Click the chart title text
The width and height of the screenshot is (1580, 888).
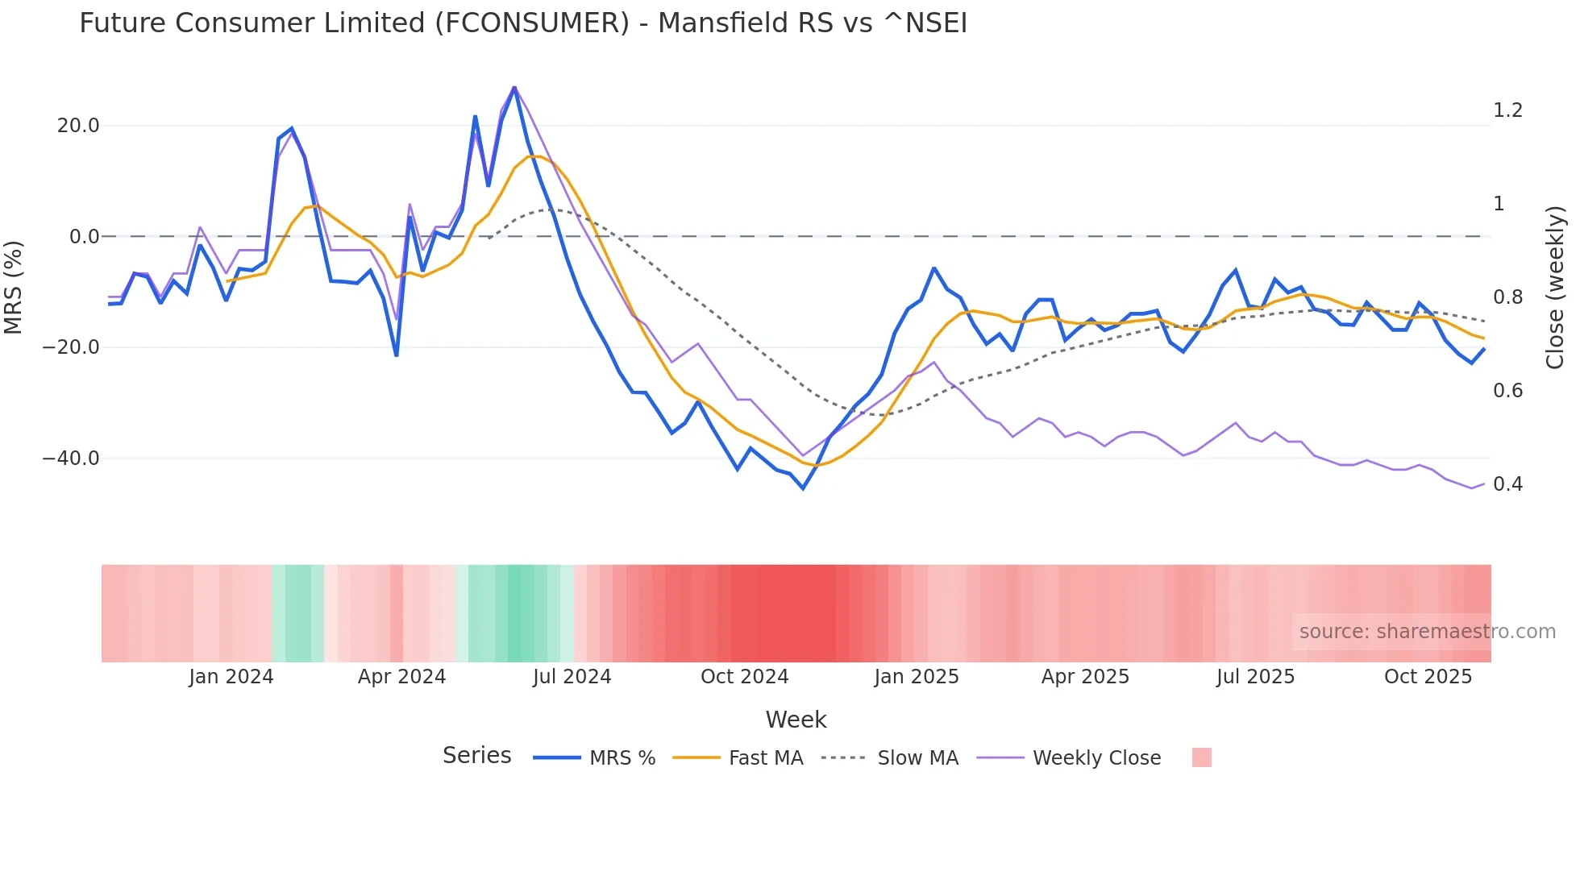tap(523, 23)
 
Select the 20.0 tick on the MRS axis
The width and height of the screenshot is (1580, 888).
tap(78, 126)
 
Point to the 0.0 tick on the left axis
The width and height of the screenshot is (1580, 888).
tap(85, 237)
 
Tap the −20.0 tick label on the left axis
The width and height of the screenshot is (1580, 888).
tap(71, 347)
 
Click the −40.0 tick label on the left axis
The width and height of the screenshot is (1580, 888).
tap(71, 459)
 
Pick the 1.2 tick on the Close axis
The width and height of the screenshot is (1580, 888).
tap(1507, 110)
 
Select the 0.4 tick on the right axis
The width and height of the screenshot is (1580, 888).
tap(1507, 484)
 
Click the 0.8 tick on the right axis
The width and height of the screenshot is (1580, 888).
tap(1507, 297)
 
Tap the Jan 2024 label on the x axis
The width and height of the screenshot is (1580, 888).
tap(231, 677)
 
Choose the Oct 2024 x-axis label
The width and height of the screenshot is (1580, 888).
tap(744, 677)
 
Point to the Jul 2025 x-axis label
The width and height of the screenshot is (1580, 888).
tap(1255, 677)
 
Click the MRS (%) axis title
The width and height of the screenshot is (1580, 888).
tap(14, 287)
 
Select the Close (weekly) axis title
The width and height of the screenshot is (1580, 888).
tap(1555, 288)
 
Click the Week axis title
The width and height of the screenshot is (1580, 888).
tap(796, 720)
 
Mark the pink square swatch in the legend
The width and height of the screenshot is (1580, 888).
tap(1201, 757)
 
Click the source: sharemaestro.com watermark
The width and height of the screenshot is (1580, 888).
tap(1427, 632)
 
